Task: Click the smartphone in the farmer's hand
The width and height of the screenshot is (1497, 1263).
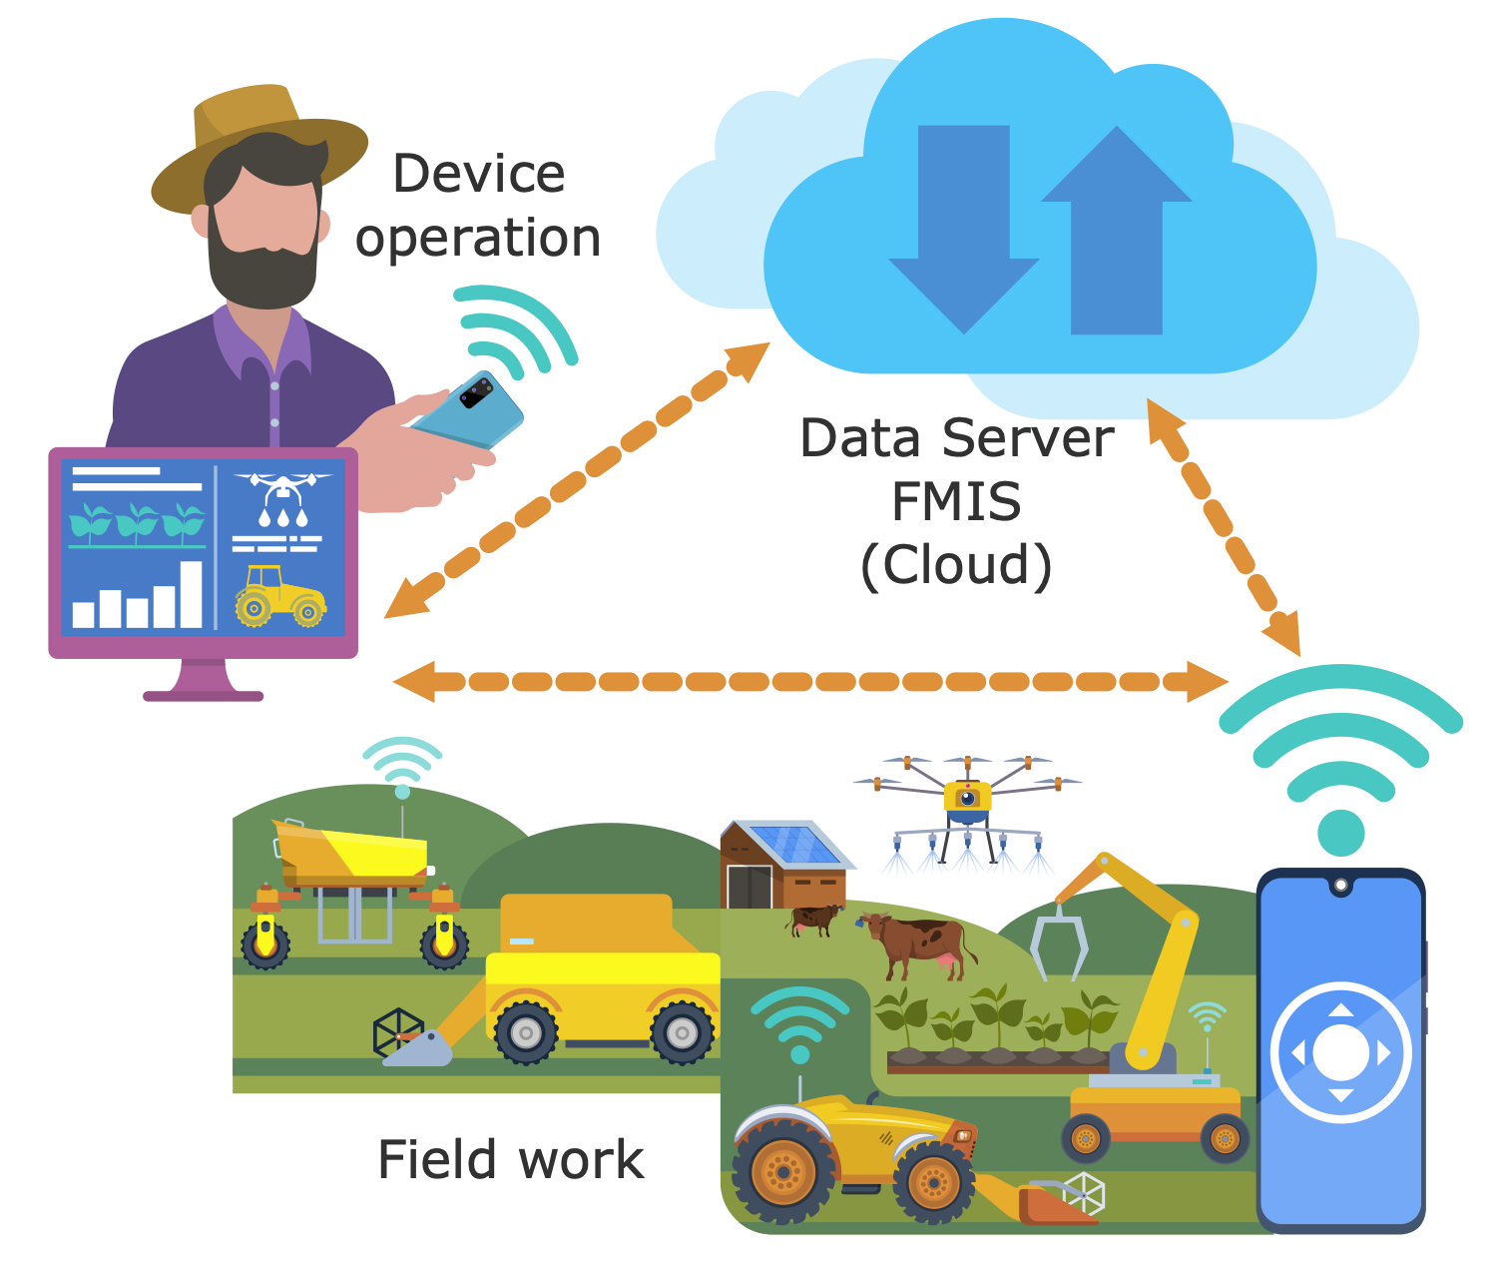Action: (x=467, y=410)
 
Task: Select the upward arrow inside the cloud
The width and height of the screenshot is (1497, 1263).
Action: (x=1117, y=231)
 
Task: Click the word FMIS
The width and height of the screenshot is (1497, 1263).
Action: (x=956, y=501)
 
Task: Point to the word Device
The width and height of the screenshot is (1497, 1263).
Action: (x=479, y=175)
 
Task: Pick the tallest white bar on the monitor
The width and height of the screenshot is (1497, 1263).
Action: (x=191, y=595)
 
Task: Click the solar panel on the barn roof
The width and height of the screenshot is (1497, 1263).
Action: (x=795, y=844)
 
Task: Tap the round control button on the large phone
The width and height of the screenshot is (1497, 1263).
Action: (x=1340, y=1052)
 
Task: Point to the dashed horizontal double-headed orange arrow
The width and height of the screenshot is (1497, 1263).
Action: (x=810, y=681)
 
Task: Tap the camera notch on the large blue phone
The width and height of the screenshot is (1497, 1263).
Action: (x=1340, y=885)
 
